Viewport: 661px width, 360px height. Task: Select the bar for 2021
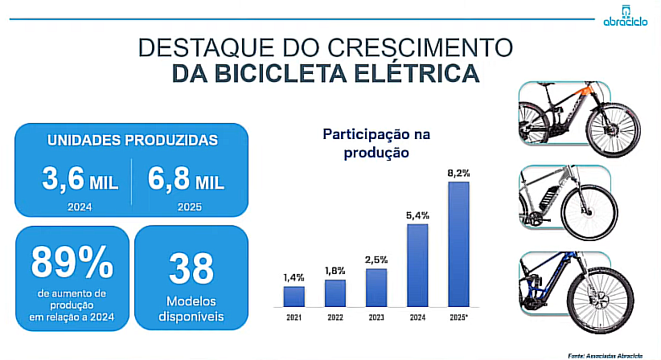pos(294,296)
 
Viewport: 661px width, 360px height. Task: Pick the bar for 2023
pos(376,288)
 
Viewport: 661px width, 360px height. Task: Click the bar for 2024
pos(417,265)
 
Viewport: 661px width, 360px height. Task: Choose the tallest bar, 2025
pos(458,244)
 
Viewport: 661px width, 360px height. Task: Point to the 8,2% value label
pos(458,173)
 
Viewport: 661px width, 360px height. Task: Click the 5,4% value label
pos(417,215)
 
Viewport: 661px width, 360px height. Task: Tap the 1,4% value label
pos(294,277)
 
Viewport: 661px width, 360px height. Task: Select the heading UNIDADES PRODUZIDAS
pos(133,140)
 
